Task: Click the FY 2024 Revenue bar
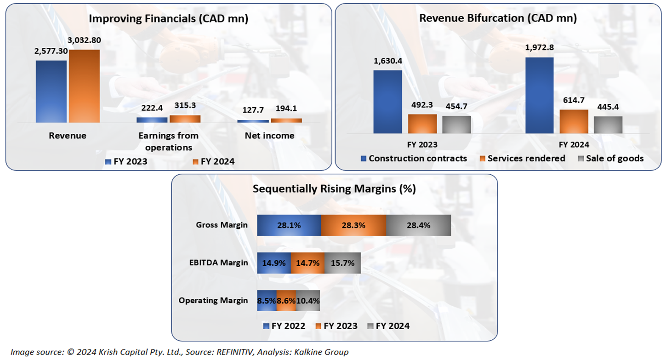(84, 86)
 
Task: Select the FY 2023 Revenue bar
(51, 91)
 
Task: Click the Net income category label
(269, 136)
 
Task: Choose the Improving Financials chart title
(168, 19)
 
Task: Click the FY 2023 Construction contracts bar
(387, 102)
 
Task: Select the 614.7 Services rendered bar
(574, 121)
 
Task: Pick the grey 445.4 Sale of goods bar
(608, 125)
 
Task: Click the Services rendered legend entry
(523, 158)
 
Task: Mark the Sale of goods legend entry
(610, 158)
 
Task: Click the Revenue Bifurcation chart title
(498, 18)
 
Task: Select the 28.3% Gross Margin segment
(353, 225)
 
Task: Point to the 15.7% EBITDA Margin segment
(342, 263)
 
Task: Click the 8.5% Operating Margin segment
(267, 301)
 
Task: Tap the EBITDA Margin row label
(219, 263)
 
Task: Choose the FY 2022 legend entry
(285, 326)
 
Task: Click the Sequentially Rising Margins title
(334, 189)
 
